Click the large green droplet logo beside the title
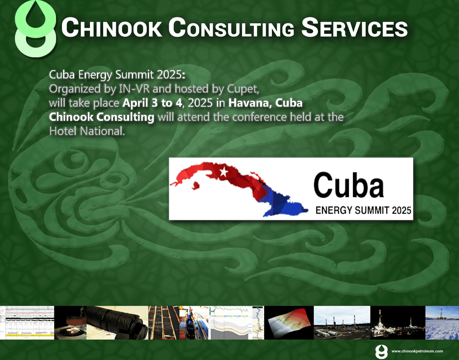point(35,29)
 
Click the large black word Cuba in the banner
point(349,185)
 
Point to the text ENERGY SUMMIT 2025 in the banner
point(363,211)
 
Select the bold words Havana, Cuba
point(266,104)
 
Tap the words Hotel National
point(86,131)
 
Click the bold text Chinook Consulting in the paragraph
point(102,117)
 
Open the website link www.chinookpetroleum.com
point(417,351)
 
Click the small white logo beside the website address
point(379,351)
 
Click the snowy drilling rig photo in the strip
point(442,323)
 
